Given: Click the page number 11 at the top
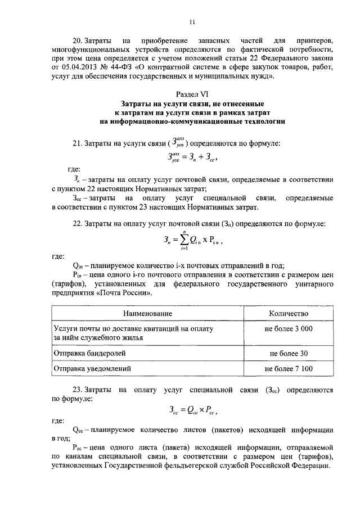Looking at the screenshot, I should click(192, 22).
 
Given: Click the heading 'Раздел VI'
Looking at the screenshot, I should click(192, 94).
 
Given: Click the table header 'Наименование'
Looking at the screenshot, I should click(149, 313).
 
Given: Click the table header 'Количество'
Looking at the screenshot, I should click(289, 313).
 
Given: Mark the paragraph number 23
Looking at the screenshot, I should click(78, 389).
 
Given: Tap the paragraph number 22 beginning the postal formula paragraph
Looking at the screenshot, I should click(78, 225).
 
